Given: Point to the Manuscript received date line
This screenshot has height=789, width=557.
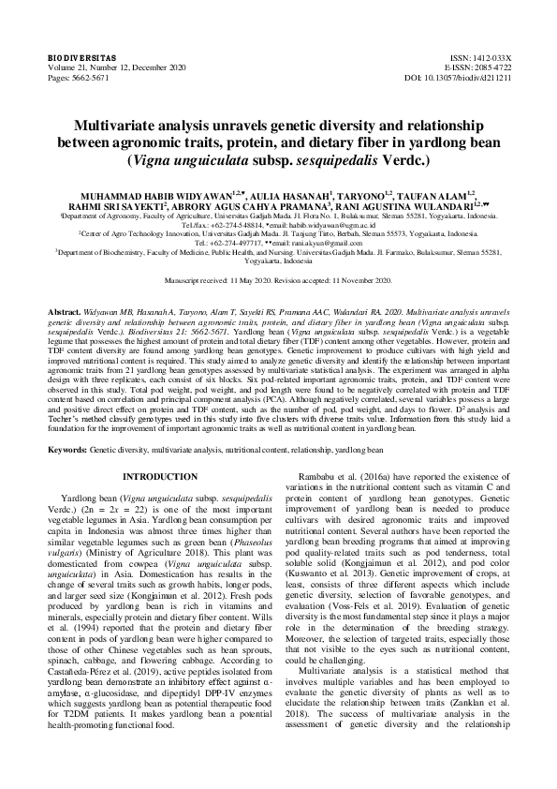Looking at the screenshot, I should pos(278,280).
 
